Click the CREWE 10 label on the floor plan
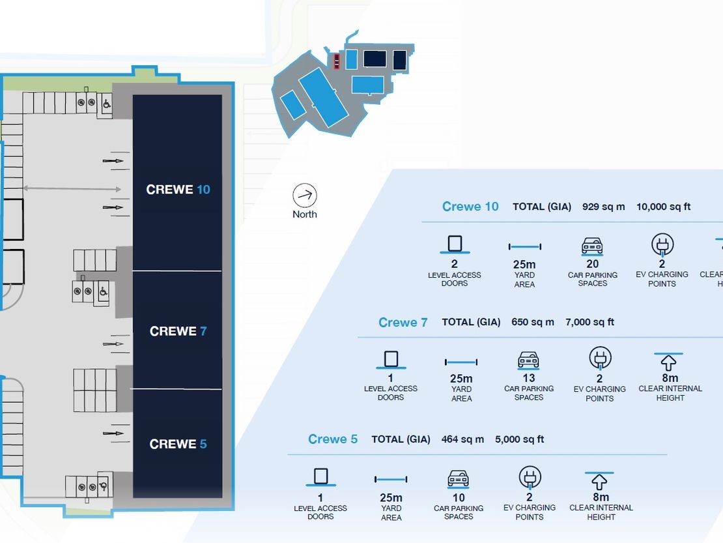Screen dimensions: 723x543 [x=178, y=190]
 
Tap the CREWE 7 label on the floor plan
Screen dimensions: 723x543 [x=178, y=331]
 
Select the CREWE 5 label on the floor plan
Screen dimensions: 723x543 [x=178, y=444]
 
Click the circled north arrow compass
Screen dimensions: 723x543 [x=305, y=195]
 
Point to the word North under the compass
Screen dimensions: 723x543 [x=305, y=214]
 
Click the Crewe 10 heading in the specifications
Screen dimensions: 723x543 [x=470, y=206]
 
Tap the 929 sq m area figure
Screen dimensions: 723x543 [x=604, y=207]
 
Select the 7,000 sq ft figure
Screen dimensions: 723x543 [x=589, y=322]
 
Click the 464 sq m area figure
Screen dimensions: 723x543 [x=462, y=439]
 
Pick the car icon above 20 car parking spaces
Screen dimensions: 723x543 [x=592, y=246]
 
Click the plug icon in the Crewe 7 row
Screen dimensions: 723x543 [x=600, y=359]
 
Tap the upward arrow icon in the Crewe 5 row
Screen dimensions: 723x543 [x=599, y=482]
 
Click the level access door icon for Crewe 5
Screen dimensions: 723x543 [x=321, y=477]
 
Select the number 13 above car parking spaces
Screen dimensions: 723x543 [x=529, y=378]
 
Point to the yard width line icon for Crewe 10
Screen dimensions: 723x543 [x=525, y=247]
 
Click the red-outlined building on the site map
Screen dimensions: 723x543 [x=337, y=61]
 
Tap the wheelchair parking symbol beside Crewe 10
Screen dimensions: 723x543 [x=107, y=104]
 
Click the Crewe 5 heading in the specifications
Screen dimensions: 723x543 [x=333, y=439]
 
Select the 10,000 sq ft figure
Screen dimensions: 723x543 [x=664, y=207]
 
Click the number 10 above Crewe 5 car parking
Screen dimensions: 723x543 [x=459, y=498]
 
